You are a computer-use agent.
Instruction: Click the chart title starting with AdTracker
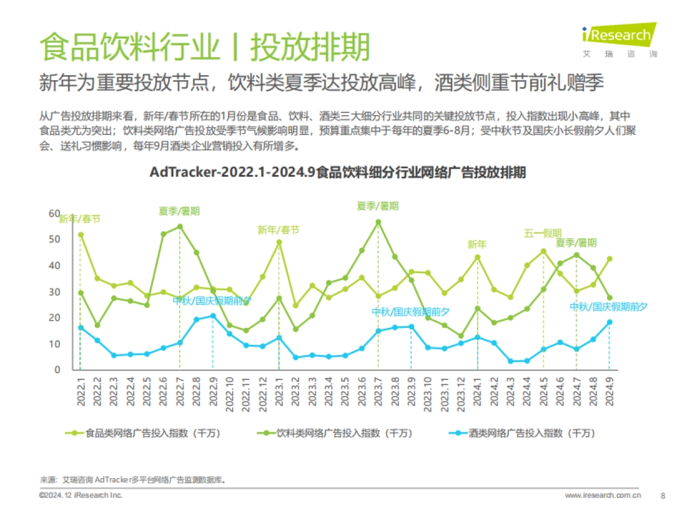click(x=337, y=173)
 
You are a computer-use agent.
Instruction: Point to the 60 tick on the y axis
click(x=54, y=213)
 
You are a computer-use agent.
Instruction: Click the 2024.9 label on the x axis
click(x=609, y=389)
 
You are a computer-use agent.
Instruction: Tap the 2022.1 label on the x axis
click(x=81, y=389)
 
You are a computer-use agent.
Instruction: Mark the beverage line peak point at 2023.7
click(x=378, y=222)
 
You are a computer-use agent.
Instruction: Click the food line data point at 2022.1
click(x=81, y=235)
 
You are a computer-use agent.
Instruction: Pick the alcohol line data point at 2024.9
click(x=609, y=322)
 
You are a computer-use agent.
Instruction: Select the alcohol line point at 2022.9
click(x=213, y=316)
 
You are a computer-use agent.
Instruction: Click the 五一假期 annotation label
click(x=542, y=233)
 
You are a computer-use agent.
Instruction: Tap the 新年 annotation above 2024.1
click(x=477, y=244)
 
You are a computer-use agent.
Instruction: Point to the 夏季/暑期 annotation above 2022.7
click(x=179, y=211)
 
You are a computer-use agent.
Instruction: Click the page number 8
click(x=662, y=495)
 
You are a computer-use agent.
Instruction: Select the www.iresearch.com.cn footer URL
click(x=603, y=495)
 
